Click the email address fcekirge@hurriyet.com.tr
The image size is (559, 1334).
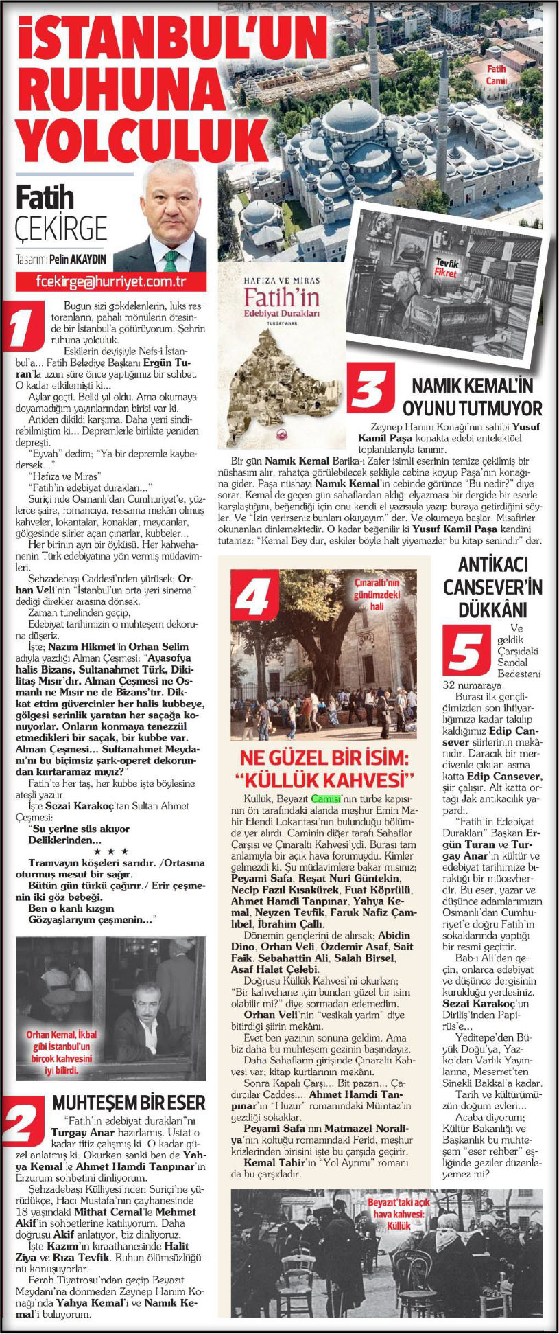point(112,281)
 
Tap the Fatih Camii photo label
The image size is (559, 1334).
point(497,75)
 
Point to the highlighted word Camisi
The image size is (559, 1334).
point(324,799)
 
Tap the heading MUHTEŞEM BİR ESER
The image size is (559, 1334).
point(128,1103)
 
